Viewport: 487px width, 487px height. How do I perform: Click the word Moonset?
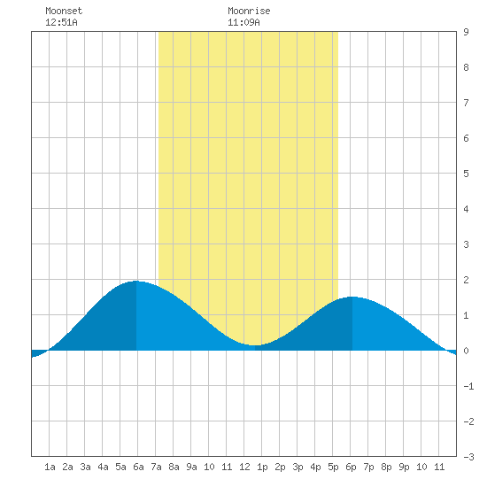(x=64, y=11)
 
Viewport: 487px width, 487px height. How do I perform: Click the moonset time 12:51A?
(x=61, y=22)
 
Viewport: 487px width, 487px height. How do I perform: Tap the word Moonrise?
(x=249, y=11)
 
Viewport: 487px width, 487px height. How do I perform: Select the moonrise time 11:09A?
(x=243, y=22)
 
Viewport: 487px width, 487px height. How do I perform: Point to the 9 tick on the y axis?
(x=466, y=32)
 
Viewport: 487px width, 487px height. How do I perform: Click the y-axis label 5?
(x=466, y=174)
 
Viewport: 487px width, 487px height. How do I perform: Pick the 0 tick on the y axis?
(x=466, y=351)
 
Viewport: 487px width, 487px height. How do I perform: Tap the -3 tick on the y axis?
(x=468, y=457)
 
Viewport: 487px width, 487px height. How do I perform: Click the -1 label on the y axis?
(x=468, y=386)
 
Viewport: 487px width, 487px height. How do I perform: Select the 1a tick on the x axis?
(x=50, y=467)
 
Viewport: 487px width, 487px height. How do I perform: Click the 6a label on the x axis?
(x=138, y=467)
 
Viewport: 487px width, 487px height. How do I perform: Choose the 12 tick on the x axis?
(x=244, y=467)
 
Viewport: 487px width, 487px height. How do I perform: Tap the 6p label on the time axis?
(x=351, y=467)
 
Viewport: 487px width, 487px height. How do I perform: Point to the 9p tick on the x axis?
(x=404, y=467)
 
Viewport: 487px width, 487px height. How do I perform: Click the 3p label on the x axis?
(x=298, y=467)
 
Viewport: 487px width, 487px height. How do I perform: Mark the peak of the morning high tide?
(x=136, y=281)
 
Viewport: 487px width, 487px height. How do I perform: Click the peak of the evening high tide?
(x=352, y=297)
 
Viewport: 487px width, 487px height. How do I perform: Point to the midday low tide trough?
(x=255, y=345)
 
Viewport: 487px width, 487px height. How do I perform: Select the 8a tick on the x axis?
(x=174, y=467)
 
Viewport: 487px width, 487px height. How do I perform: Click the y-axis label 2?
(x=466, y=280)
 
